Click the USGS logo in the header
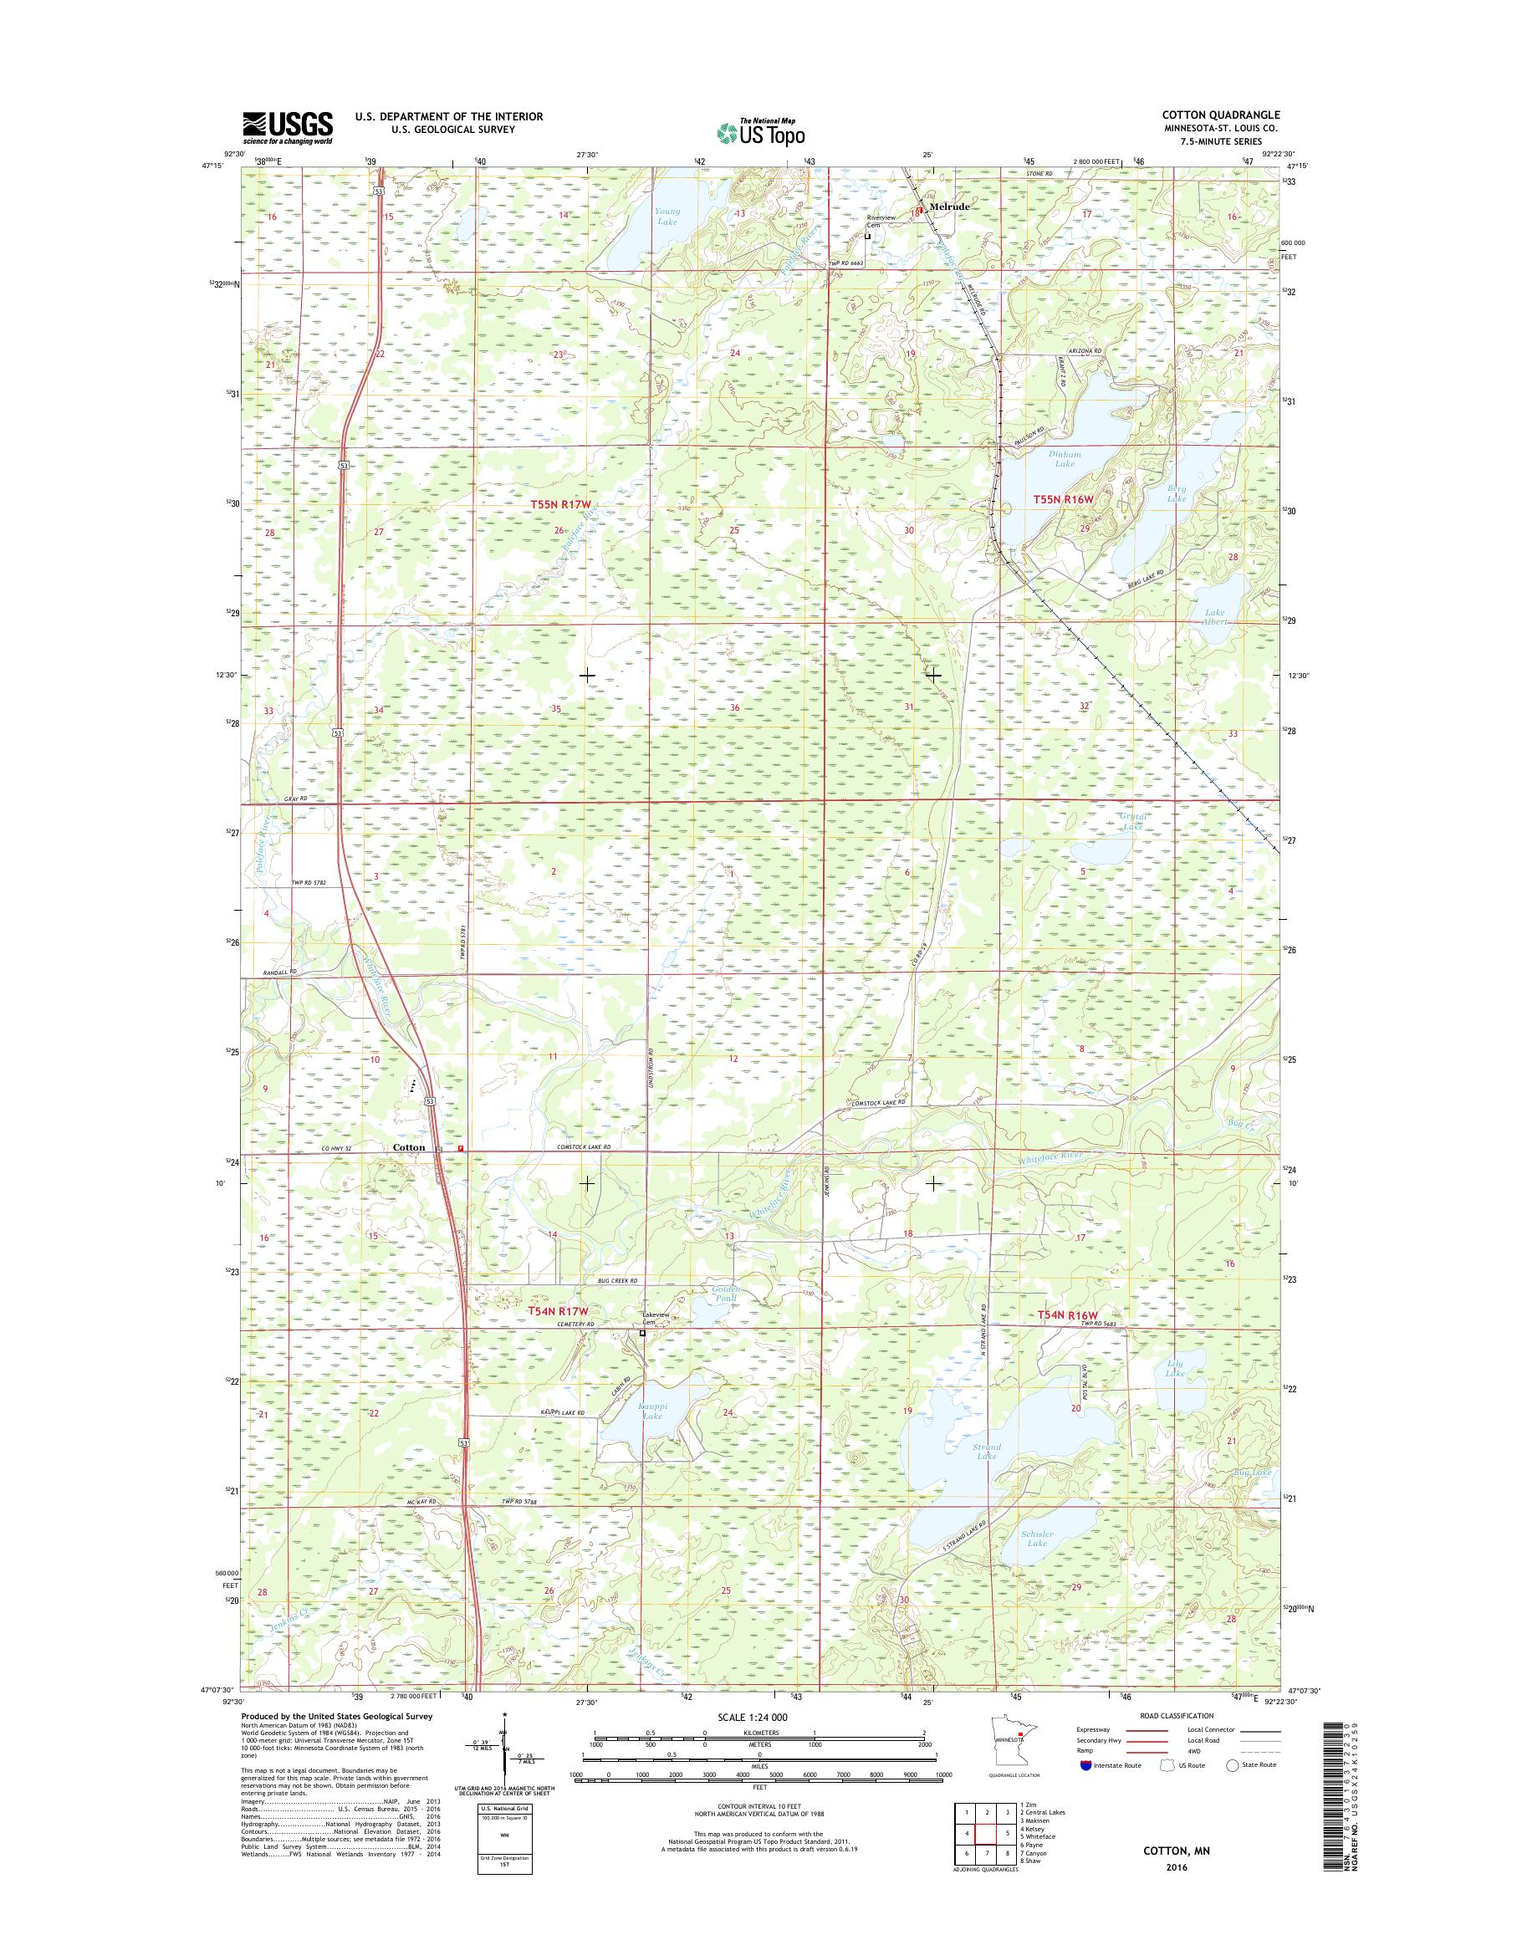point(287,127)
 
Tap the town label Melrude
point(948,206)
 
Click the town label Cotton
point(408,1147)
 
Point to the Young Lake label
point(667,216)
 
